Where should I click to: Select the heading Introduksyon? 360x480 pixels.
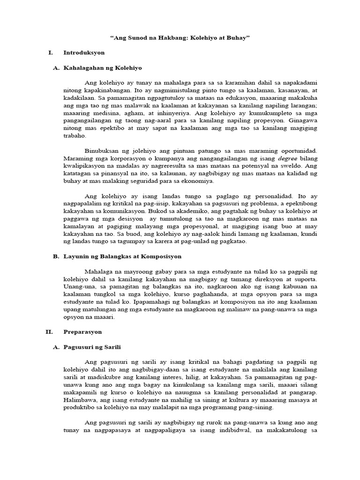(84, 52)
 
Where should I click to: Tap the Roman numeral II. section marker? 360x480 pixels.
(49, 331)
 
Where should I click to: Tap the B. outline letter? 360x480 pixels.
(56, 256)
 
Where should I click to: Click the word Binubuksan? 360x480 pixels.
(101, 150)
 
